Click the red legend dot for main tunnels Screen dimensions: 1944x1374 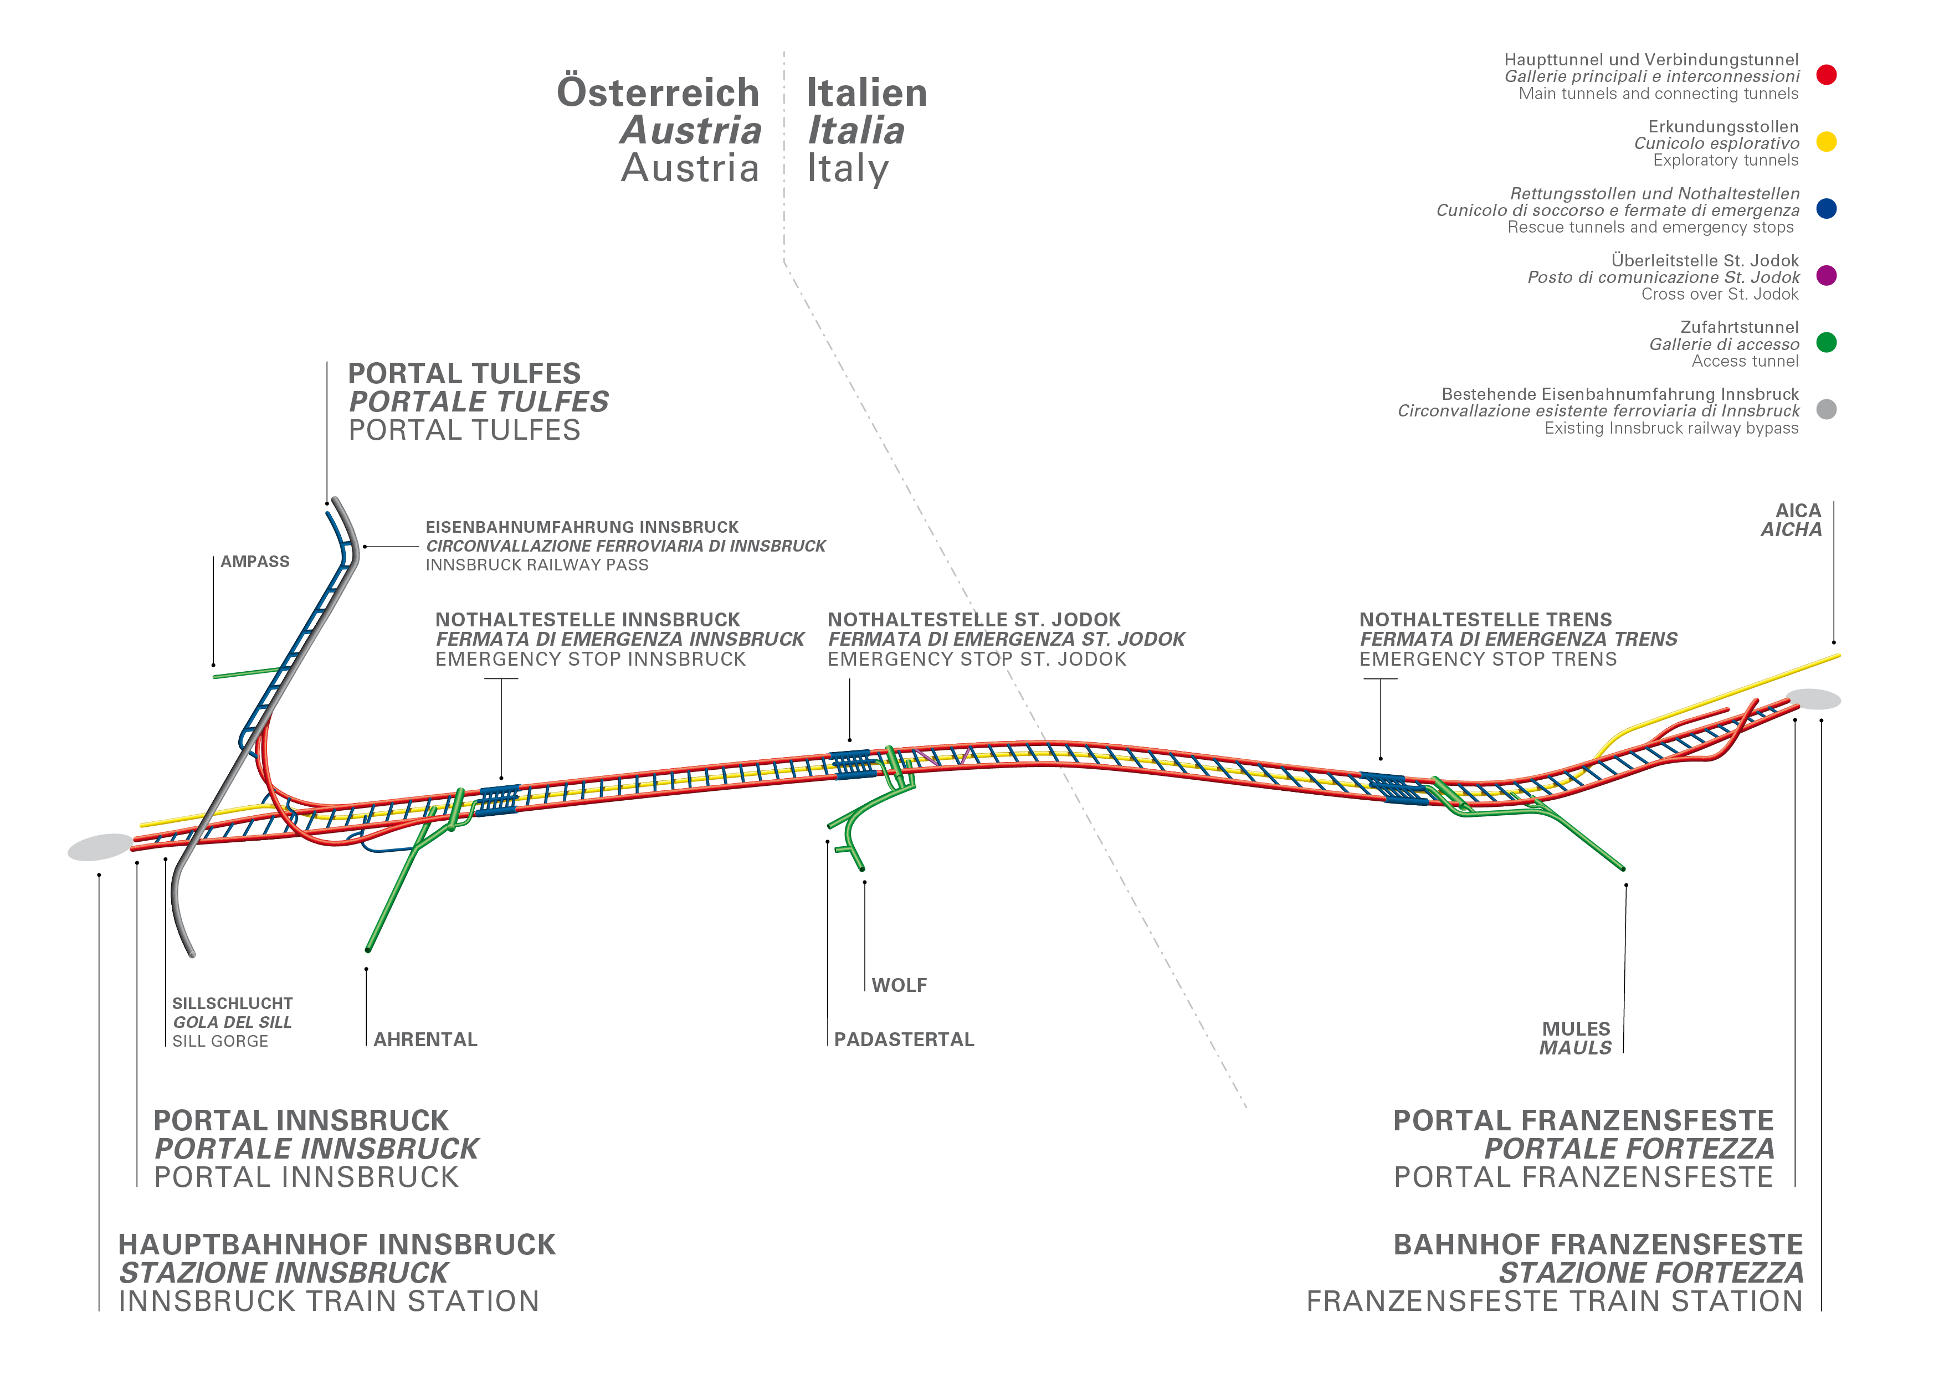1827,75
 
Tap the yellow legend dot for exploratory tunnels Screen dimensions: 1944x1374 1827,142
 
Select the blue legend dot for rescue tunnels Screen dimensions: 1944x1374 1827,209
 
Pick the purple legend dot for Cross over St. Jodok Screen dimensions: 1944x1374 1827,276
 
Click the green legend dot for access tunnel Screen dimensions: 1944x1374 1827,343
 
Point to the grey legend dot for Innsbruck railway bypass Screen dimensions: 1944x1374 1827,410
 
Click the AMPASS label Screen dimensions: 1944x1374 255,562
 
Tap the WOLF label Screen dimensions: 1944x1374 899,985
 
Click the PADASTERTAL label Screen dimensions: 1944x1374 904,1039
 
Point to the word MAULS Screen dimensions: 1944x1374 1575,1048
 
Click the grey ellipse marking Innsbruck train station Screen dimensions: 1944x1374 101,847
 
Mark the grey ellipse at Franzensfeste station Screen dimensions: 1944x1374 1814,699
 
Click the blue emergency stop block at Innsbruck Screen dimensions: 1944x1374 499,800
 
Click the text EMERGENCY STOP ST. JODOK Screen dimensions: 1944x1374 977,660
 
